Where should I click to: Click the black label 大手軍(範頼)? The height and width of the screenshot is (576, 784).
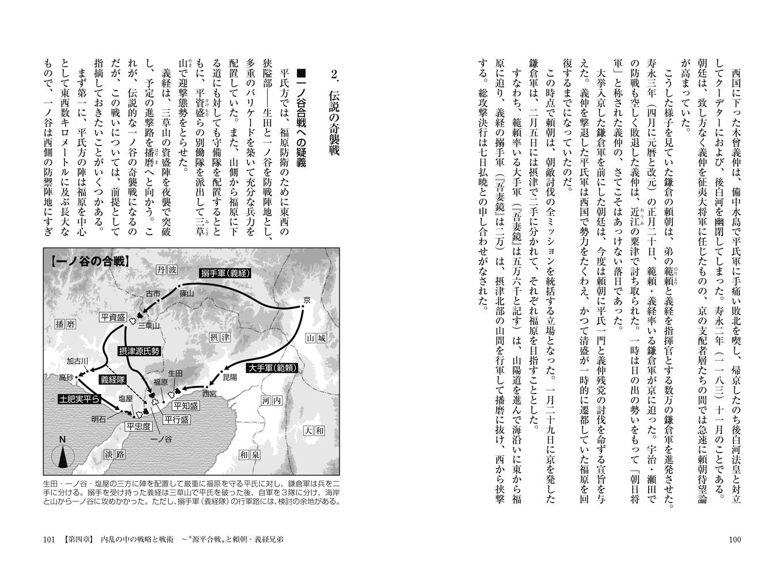pos(273,367)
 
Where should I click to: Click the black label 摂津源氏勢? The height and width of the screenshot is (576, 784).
pos(139,351)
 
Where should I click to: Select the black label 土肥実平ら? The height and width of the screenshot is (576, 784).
pos(80,399)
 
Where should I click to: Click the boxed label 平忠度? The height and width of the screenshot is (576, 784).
pos(139,427)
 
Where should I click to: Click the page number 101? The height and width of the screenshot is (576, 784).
pos(49,540)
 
